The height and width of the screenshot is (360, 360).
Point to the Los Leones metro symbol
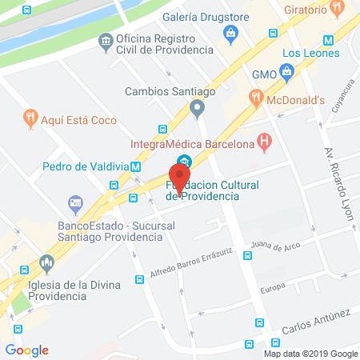coord(328,40)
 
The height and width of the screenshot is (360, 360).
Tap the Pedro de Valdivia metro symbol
coord(136,167)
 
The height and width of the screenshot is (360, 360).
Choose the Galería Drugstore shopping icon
coord(231,33)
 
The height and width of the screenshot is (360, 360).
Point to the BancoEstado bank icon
coord(76,202)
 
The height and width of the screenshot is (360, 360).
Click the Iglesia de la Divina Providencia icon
coord(46,262)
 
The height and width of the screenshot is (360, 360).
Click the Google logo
coord(26,350)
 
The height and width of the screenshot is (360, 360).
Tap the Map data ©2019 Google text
coord(311,353)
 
